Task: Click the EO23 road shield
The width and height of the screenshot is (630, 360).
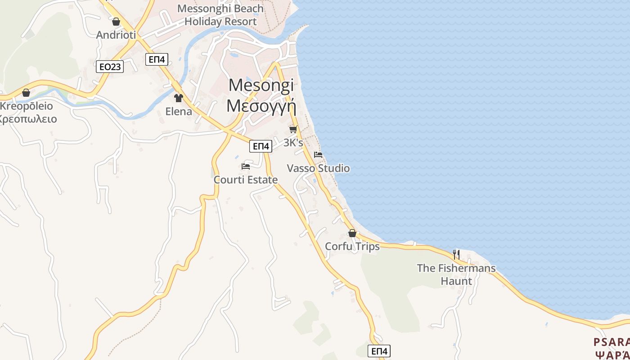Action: [x=110, y=67]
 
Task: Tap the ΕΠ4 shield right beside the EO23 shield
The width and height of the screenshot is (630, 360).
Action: [x=157, y=59]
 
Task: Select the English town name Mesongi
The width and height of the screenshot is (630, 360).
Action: [x=261, y=85]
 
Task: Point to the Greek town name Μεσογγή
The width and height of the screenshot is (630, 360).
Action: [x=261, y=106]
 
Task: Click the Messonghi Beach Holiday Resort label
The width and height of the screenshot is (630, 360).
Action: [x=220, y=15]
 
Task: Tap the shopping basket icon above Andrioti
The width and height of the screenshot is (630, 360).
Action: [x=116, y=22]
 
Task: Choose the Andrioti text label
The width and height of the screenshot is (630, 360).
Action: [x=116, y=35]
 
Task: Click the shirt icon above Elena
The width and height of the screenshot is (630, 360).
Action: [x=179, y=98]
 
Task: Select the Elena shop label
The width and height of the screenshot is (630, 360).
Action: [x=179, y=112]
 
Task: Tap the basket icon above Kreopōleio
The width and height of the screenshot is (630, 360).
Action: [x=26, y=93]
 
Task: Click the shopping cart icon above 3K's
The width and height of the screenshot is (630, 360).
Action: [x=293, y=130]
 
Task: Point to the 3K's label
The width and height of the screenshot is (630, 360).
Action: [x=293, y=143]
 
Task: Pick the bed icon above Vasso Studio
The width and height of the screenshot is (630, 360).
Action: [x=318, y=155]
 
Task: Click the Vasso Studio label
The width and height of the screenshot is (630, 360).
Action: [x=318, y=168]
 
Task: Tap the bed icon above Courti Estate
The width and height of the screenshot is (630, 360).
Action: [x=246, y=166]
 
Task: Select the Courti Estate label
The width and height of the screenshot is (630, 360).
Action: [x=246, y=180]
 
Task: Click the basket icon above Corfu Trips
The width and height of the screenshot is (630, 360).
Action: [x=352, y=233]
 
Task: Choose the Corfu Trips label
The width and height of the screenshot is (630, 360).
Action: [x=352, y=247]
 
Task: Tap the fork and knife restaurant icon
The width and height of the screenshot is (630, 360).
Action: [x=456, y=255]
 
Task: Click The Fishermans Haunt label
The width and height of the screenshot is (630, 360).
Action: [x=456, y=274]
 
